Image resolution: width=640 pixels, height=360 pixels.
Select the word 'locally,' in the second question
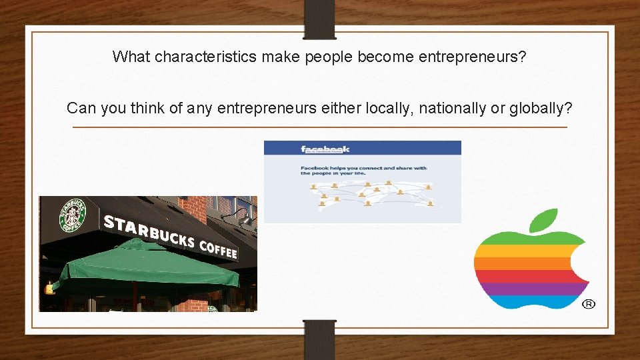coord(389,108)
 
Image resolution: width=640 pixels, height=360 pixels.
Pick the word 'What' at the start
coord(131,57)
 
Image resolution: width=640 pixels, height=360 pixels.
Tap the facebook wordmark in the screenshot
coord(325,149)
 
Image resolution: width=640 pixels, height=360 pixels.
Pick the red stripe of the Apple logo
coord(523,276)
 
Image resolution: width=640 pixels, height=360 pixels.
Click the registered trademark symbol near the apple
coord(589,304)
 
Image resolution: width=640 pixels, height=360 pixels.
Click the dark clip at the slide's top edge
coord(319,17)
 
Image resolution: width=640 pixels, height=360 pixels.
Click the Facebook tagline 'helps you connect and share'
coord(363,169)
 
